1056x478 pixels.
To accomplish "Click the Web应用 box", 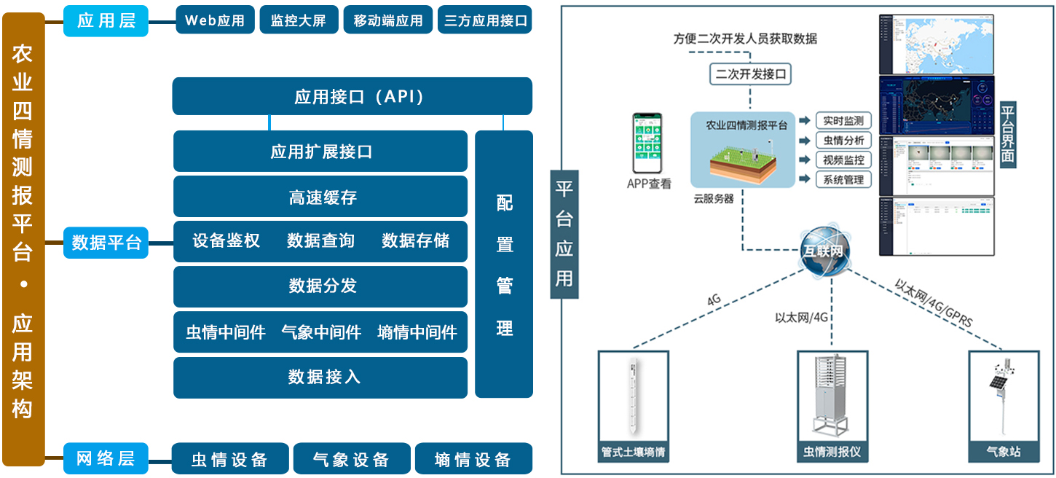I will (x=215, y=20).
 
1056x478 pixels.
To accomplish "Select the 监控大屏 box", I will (x=299, y=20).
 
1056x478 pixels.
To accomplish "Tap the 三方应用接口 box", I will (x=486, y=20).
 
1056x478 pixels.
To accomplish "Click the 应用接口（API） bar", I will (x=352, y=96).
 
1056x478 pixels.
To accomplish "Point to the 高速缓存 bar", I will (x=320, y=197).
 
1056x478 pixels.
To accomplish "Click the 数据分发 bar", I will (x=320, y=286).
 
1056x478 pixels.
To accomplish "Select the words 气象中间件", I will (x=321, y=332).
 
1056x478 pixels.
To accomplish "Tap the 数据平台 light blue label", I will (x=106, y=242).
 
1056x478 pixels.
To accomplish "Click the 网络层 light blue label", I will (x=106, y=458).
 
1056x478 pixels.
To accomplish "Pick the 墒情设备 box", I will (x=473, y=459).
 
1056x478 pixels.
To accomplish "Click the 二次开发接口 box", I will (x=751, y=74).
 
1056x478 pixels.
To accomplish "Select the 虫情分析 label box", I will (x=843, y=140).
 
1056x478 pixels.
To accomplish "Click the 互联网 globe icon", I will (x=826, y=251).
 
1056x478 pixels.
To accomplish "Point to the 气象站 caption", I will (x=1003, y=452).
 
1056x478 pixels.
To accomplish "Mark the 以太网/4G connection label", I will (x=802, y=317).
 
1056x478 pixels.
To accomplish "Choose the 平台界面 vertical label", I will (x=1009, y=135).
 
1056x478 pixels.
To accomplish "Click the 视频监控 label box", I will (x=843, y=160).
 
